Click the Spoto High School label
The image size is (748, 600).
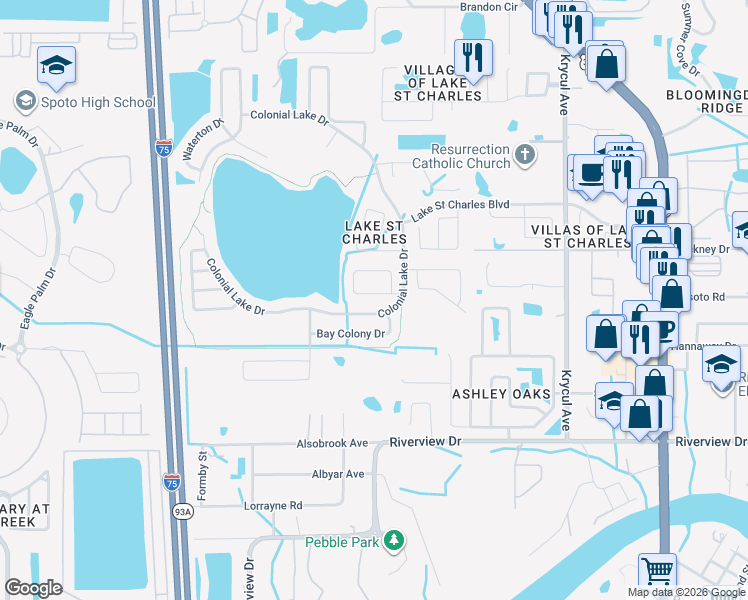96,101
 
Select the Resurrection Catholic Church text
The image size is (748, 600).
461,157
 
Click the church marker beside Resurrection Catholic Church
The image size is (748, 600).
525,155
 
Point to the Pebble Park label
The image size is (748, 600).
343,541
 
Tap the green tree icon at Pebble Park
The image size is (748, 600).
395,541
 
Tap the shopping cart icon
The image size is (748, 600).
657,571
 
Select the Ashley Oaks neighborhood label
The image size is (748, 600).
501,394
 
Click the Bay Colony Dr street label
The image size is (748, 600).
351,333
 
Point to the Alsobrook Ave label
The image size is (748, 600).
332,442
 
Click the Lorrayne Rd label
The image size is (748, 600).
273,506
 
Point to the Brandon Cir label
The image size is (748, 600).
487,7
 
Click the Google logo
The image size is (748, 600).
33,587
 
